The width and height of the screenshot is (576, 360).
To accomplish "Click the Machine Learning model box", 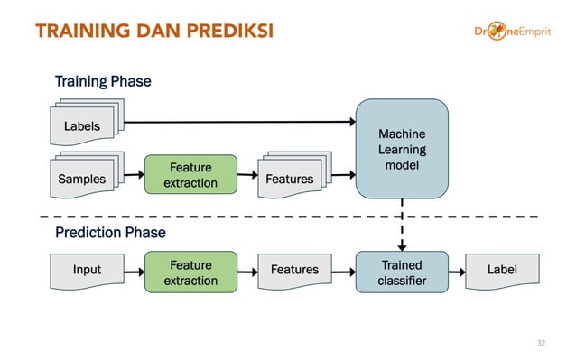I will [402, 149].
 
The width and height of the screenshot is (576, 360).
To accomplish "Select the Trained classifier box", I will [402, 272].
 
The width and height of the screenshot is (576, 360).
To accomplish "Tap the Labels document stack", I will [83, 127].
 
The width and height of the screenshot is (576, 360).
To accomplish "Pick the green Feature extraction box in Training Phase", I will [190, 175].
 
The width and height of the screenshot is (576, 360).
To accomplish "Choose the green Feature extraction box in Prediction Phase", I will [190, 272].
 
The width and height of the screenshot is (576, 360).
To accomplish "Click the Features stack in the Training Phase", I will [291, 178].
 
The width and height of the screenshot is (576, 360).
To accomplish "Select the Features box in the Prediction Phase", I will [294, 270].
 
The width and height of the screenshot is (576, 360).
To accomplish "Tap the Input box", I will [87, 270].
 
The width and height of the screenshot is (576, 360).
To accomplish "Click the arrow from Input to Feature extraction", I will [132, 270].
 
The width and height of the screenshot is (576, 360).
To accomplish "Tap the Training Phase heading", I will [103, 82].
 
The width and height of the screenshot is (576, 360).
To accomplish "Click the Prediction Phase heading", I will [110, 233].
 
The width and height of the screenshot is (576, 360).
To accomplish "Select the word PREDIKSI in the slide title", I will [223, 32].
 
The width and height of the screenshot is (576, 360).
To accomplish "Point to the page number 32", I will [541, 343].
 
